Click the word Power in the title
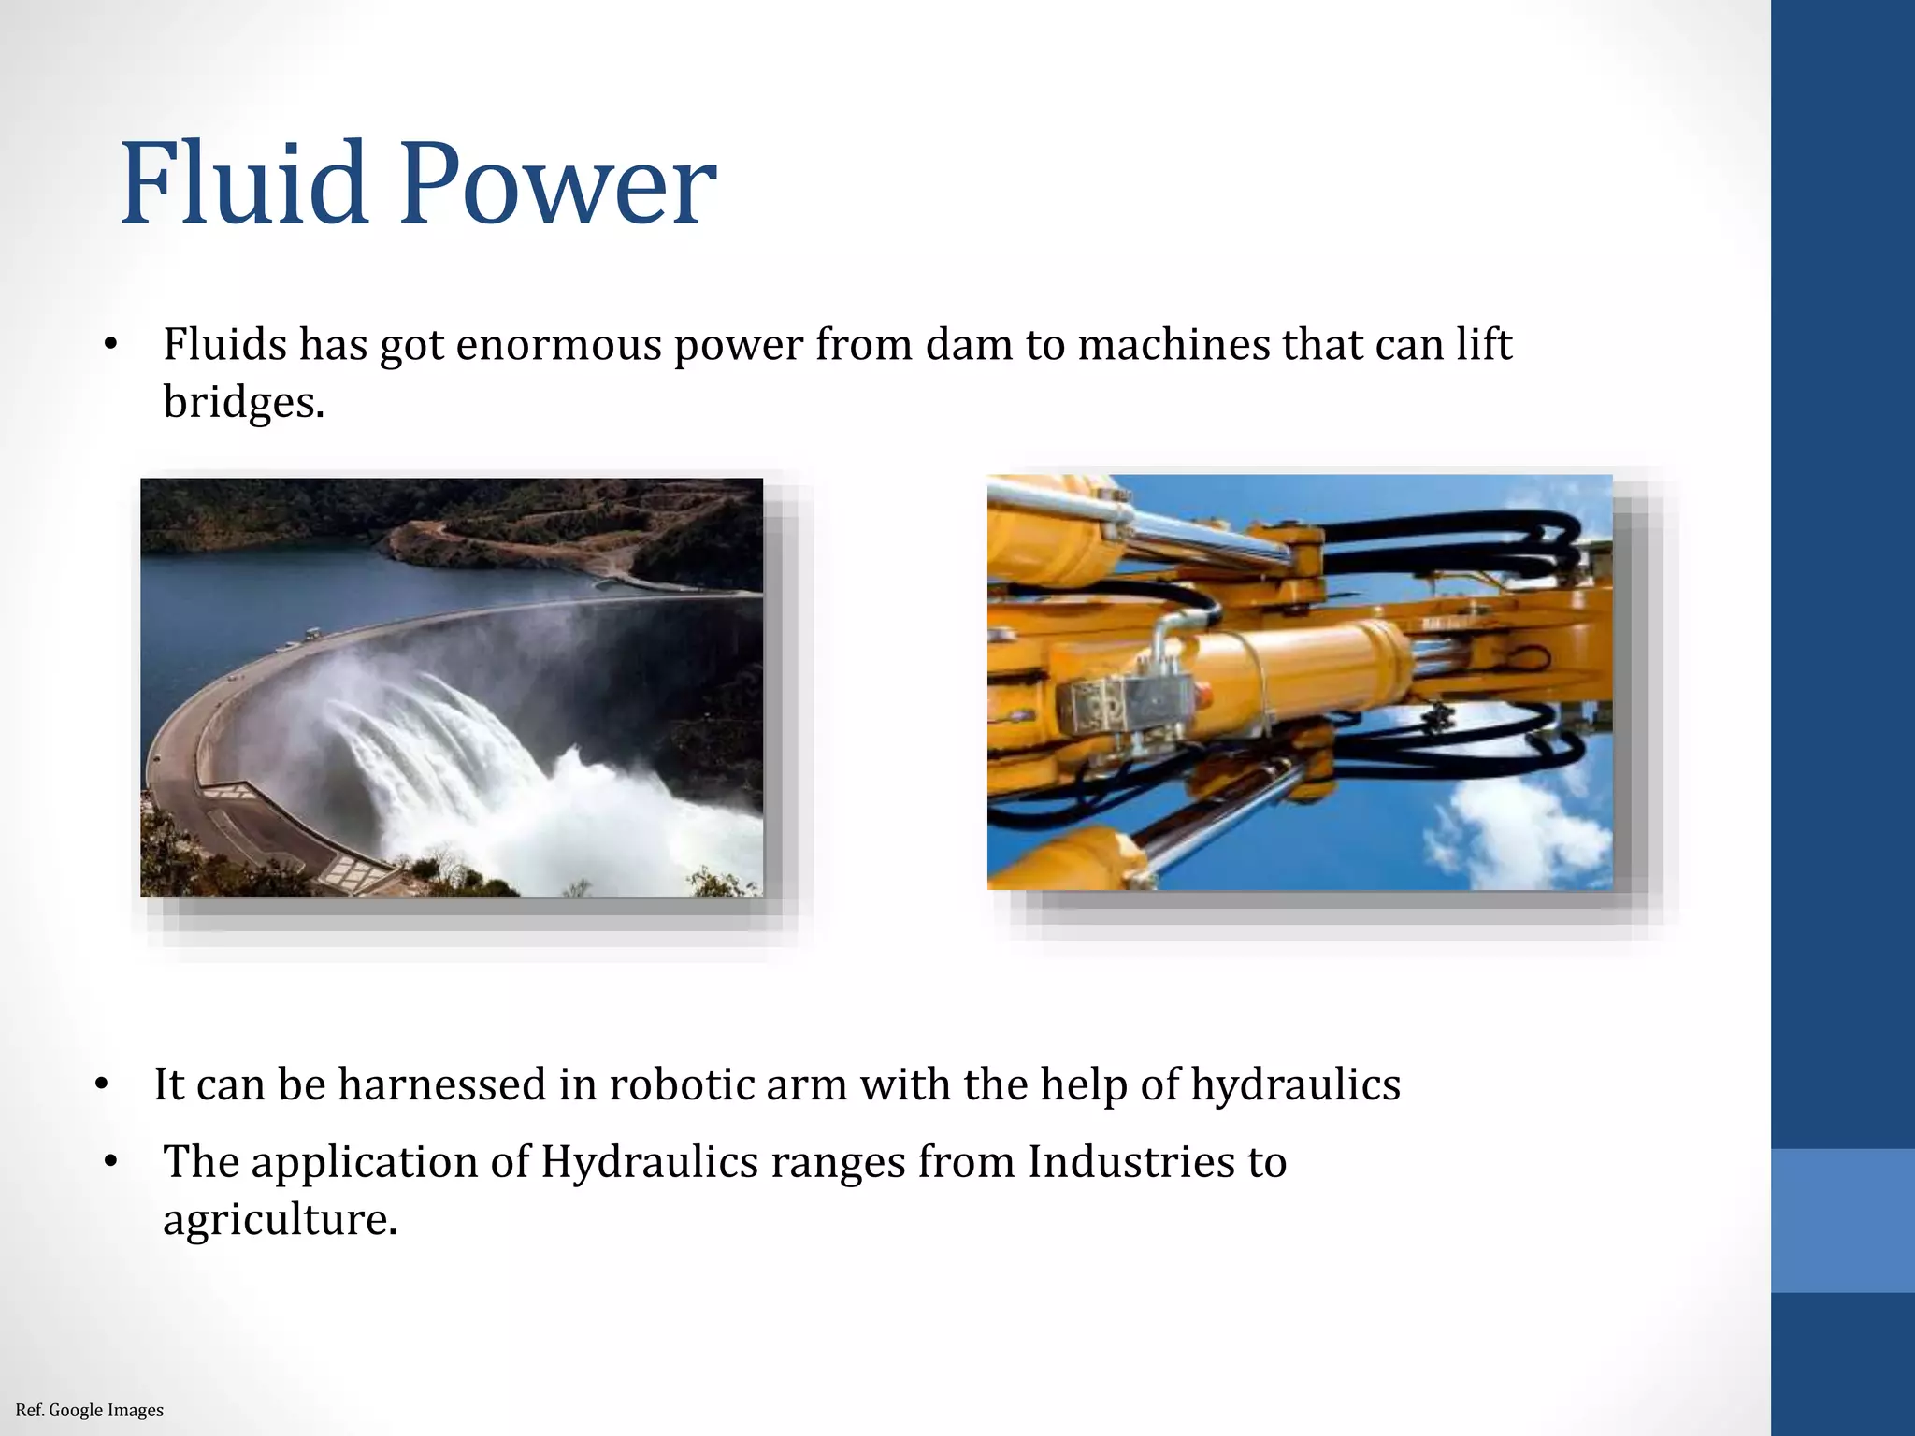click(558, 183)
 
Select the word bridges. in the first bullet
click(243, 403)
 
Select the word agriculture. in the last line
click(280, 1220)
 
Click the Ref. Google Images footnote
click(90, 1410)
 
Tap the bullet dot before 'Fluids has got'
click(110, 345)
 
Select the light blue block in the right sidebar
click(1842, 1220)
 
